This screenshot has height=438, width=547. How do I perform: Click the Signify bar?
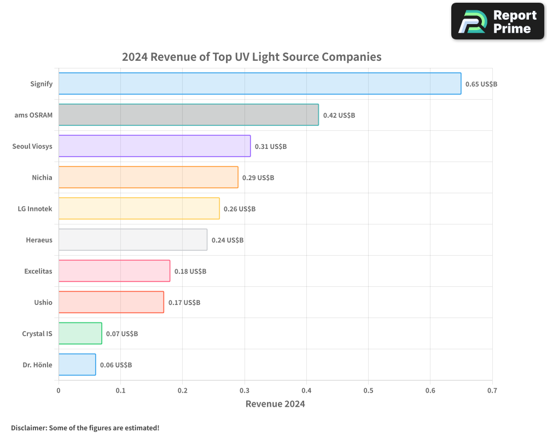click(x=260, y=84)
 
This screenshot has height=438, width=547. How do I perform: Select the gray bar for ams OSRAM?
click(x=188, y=115)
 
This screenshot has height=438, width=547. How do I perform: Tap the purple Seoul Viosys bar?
click(x=154, y=146)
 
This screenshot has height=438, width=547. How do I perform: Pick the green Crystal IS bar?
click(x=80, y=333)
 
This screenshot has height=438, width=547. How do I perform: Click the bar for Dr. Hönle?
click(x=77, y=365)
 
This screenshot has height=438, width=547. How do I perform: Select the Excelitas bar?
click(x=114, y=271)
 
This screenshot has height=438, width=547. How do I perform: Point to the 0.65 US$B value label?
click(x=481, y=84)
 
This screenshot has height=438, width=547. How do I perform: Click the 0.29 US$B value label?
click(x=258, y=177)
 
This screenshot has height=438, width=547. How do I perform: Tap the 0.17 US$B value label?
click(x=184, y=302)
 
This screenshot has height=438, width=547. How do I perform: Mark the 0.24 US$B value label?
click(x=227, y=240)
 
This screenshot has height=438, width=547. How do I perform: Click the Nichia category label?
click(x=42, y=177)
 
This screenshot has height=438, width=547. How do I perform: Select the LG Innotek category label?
click(x=35, y=209)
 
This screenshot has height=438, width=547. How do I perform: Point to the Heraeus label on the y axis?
click(x=39, y=240)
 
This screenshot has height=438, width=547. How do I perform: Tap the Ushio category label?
click(x=43, y=302)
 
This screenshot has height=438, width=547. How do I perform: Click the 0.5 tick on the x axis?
click(x=368, y=391)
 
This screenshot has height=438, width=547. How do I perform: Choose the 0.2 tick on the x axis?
click(x=182, y=391)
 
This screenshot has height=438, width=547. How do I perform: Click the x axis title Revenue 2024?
click(x=275, y=404)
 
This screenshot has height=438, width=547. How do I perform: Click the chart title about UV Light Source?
click(x=252, y=56)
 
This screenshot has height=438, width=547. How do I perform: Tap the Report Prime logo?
click(x=498, y=21)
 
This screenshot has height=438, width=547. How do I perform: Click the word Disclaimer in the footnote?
click(x=28, y=428)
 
